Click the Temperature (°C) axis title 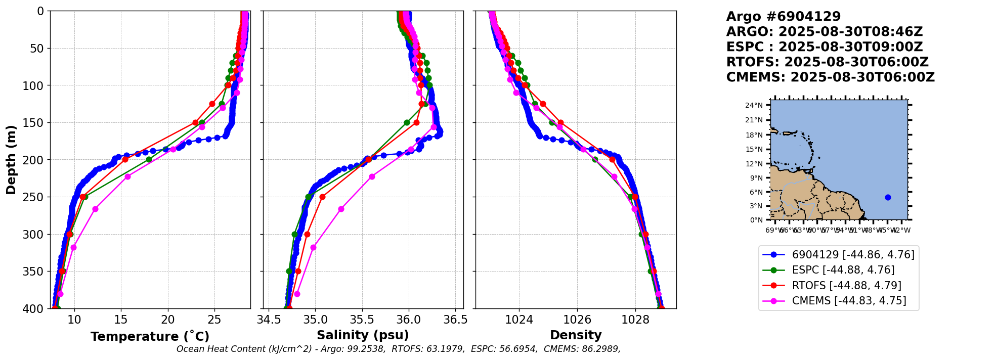[x=150, y=337]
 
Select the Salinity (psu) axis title [x=363, y=335]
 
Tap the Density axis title [x=576, y=335]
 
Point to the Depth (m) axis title [x=11, y=159]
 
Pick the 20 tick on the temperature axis [x=168, y=320]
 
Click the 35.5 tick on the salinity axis [x=362, y=320]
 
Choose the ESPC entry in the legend [x=843, y=270]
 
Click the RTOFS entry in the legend [x=846, y=285]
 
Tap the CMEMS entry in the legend [x=849, y=301]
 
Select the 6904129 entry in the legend [x=853, y=255]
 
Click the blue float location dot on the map [x=888, y=197]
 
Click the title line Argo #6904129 [x=783, y=17]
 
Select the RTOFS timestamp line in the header [x=827, y=62]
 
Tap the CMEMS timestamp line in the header [x=830, y=77]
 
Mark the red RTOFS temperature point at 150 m [x=195, y=122]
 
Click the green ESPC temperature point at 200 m [x=149, y=159]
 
